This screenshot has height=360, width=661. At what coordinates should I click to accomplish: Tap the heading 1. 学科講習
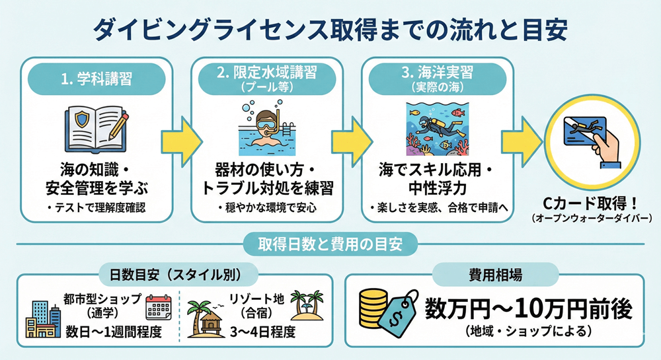click(x=97, y=80)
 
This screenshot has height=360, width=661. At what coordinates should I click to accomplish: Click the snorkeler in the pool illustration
click(x=266, y=131)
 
